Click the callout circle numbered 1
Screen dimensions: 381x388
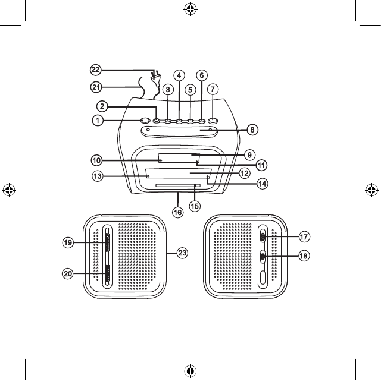96,121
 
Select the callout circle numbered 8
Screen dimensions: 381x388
252,128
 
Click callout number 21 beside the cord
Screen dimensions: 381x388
96,87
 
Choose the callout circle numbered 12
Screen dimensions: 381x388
244,173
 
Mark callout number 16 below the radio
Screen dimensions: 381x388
177,211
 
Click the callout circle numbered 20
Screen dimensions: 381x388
70,274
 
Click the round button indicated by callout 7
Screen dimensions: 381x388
213,121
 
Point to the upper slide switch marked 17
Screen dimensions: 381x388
263,236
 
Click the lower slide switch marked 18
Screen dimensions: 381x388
263,257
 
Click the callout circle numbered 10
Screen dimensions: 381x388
96,160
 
